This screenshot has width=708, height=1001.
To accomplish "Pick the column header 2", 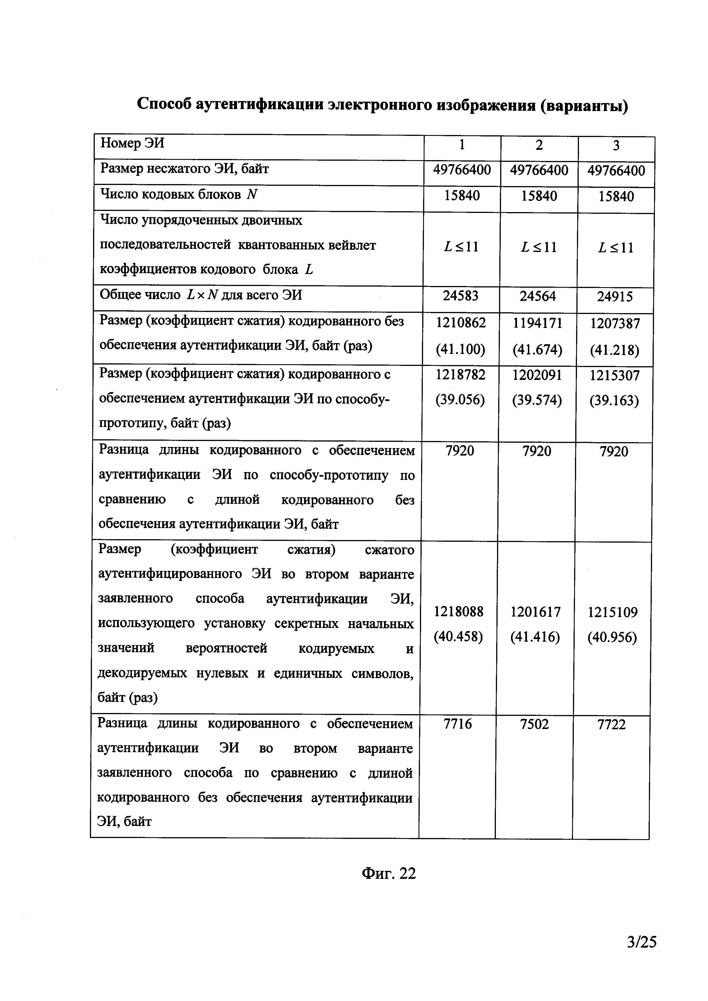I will click(539, 145).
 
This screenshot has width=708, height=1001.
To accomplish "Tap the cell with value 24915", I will click(615, 297).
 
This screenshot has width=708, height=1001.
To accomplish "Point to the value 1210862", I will click(461, 323).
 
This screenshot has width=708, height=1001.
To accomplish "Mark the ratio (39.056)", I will click(460, 400).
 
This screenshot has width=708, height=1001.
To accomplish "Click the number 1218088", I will click(459, 612).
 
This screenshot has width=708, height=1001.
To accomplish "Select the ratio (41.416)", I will click(535, 637).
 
